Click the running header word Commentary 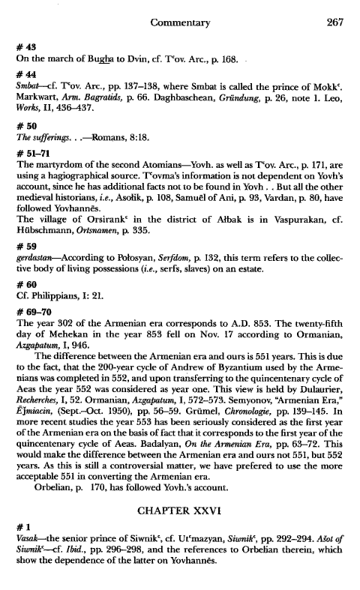point(180,23)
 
